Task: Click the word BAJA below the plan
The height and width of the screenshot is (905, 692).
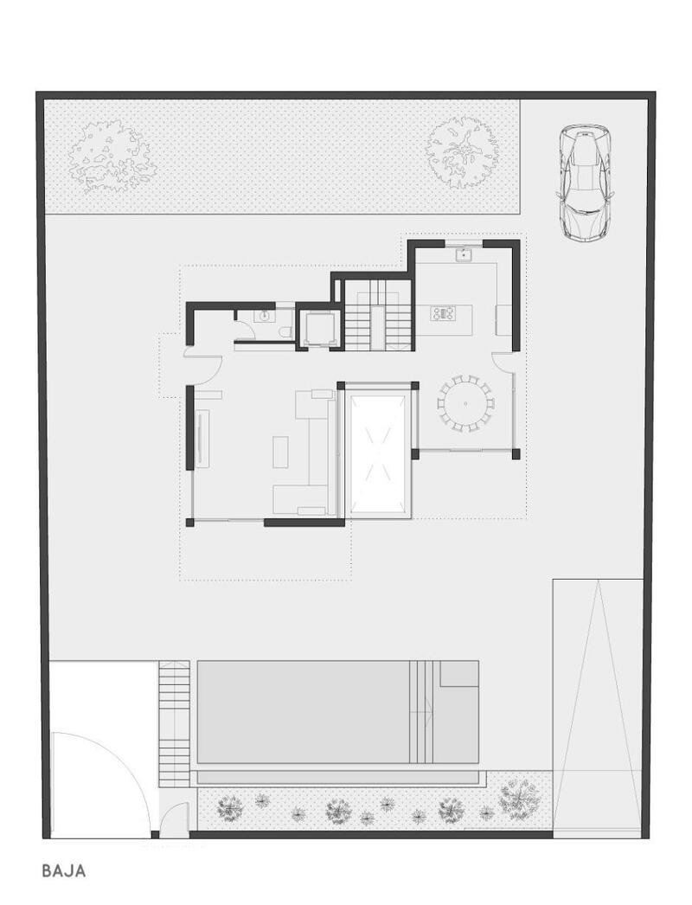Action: coord(64,870)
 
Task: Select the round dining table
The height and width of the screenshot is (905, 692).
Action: coord(465,402)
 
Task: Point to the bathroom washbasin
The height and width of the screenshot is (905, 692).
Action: coord(264,316)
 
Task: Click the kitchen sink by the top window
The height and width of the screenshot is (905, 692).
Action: coord(464,254)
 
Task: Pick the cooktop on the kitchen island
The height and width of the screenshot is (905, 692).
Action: coord(443,313)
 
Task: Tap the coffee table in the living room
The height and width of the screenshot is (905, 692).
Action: coord(281,451)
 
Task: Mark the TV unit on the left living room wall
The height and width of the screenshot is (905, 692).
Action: coord(202,440)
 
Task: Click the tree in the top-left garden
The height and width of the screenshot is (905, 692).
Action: coord(110,156)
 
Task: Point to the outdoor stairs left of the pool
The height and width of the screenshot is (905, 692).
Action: coord(174,722)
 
